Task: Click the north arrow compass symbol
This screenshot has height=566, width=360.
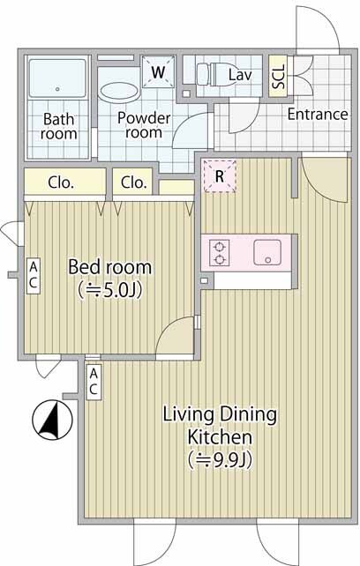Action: (x=52, y=420)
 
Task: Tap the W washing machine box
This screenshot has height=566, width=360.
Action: (x=158, y=72)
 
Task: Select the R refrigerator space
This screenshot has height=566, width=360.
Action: (x=220, y=176)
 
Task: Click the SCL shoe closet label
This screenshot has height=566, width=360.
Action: (x=279, y=76)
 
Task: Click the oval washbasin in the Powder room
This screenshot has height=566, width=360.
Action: (x=119, y=92)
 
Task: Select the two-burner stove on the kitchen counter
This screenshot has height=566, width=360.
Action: (x=219, y=253)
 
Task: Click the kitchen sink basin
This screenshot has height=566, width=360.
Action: (x=267, y=252)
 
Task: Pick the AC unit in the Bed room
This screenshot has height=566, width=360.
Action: (x=34, y=276)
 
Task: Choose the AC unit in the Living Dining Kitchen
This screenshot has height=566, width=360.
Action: (x=94, y=383)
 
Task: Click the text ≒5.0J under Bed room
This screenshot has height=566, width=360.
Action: (x=109, y=290)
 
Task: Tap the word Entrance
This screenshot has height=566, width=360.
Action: (x=318, y=115)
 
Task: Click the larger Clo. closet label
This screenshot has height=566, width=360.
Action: (x=61, y=182)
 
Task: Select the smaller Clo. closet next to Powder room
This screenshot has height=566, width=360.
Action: (x=134, y=182)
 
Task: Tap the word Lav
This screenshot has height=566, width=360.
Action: (x=240, y=75)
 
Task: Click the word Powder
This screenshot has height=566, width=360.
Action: (x=144, y=118)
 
